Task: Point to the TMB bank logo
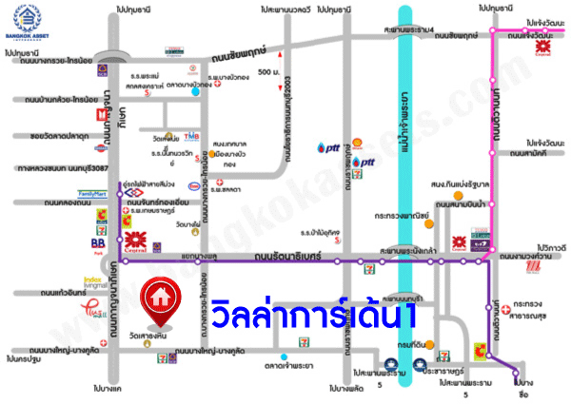(x=191, y=136)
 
